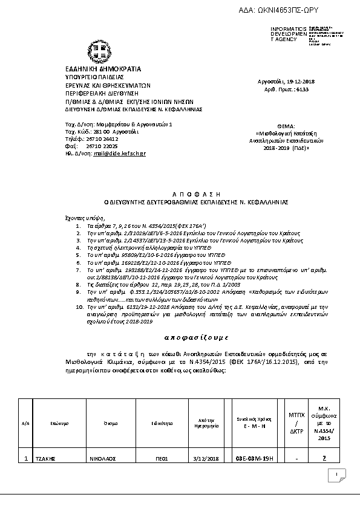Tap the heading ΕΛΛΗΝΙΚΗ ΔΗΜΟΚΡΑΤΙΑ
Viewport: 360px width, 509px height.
(x=103, y=69)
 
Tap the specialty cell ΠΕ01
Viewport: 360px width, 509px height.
(x=162, y=459)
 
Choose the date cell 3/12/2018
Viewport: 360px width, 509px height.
(x=207, y=459)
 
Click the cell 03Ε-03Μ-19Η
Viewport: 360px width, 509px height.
(x=255, y=459)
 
